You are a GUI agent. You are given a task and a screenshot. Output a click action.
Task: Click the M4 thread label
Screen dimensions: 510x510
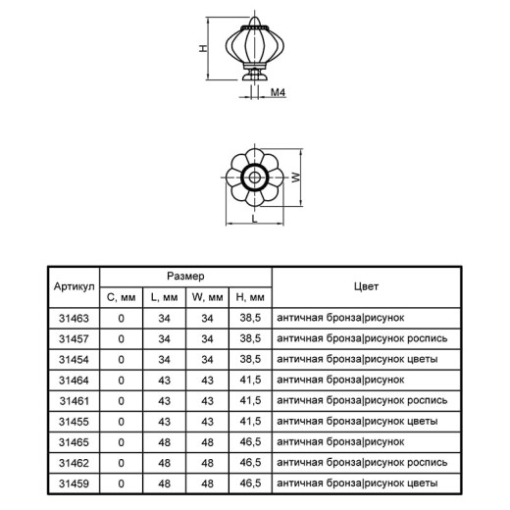click(278, 92)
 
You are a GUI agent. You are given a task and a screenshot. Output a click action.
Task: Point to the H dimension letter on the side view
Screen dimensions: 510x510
click(203, 48)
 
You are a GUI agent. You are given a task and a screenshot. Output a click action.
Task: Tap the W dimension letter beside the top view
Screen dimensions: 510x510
click(295, 178)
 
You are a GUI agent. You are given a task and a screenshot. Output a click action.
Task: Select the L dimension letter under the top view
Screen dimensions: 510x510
click(255, 219)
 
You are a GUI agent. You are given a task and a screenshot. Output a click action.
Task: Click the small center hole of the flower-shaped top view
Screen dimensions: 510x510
click(254, 178)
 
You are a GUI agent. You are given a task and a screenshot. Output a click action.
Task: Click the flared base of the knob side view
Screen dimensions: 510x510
click(255, 76)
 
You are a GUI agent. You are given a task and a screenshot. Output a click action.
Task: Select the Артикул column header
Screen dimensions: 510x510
click(75, 286)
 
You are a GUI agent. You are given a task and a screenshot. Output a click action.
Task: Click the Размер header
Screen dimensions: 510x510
click(185, 277)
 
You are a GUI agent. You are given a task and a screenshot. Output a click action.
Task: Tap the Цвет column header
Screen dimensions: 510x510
click(366, 286)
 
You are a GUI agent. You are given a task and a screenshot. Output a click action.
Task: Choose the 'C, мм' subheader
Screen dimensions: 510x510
click(122, 297)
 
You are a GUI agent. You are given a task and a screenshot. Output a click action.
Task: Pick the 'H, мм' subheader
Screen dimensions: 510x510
click(250, 297)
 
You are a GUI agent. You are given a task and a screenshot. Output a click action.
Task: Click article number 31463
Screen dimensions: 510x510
click(74, 318)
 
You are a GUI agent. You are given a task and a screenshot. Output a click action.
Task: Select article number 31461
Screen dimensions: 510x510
click(75, 401)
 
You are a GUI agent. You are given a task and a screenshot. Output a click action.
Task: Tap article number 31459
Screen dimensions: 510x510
click(74, 484)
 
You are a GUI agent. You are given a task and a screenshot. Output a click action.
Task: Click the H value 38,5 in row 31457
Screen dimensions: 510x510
click(250, 338)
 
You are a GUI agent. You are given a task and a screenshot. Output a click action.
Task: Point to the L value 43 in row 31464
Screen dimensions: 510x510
click(164, 381)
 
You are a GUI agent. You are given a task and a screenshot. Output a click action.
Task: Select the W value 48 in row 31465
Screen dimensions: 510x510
click(207, 442)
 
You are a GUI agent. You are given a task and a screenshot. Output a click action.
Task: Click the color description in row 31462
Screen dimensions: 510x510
click(362, 463)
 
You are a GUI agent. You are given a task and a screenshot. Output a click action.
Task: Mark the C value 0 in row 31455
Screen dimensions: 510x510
click(121, 422)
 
